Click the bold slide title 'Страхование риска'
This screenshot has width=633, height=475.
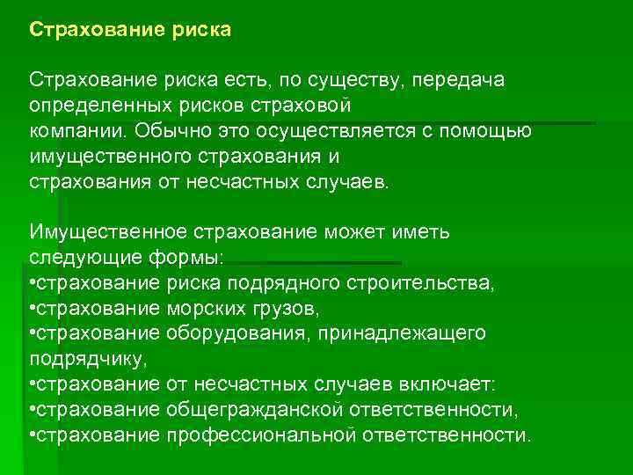(130, 31)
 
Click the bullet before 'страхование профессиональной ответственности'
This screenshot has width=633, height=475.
(32, 435)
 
